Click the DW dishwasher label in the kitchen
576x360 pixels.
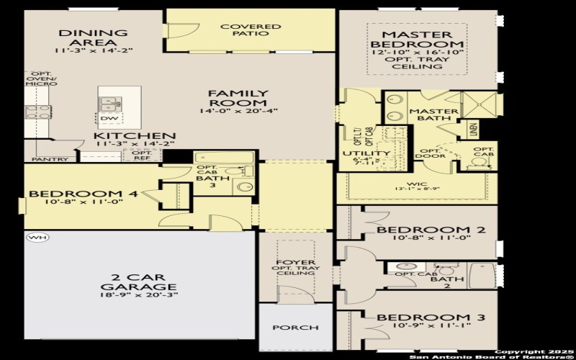click(x=109, y=118)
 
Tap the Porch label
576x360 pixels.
click(x=295, y=328)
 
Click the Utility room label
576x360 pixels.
click(x=366, y=153)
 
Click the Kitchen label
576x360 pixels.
click(x=135, y=135)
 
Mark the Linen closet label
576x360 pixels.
click(x=473, y=130)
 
